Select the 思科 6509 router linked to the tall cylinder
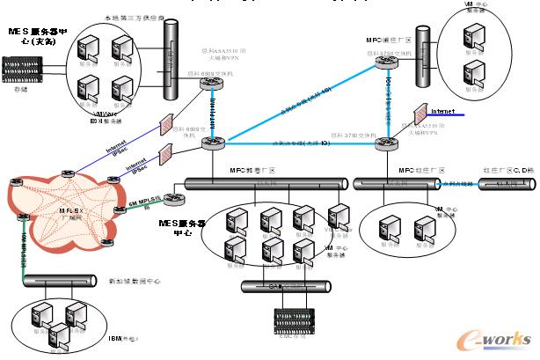pyautogui.click(x=211, y=84)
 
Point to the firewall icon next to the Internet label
pyautogui.click(x=420, y=114)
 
